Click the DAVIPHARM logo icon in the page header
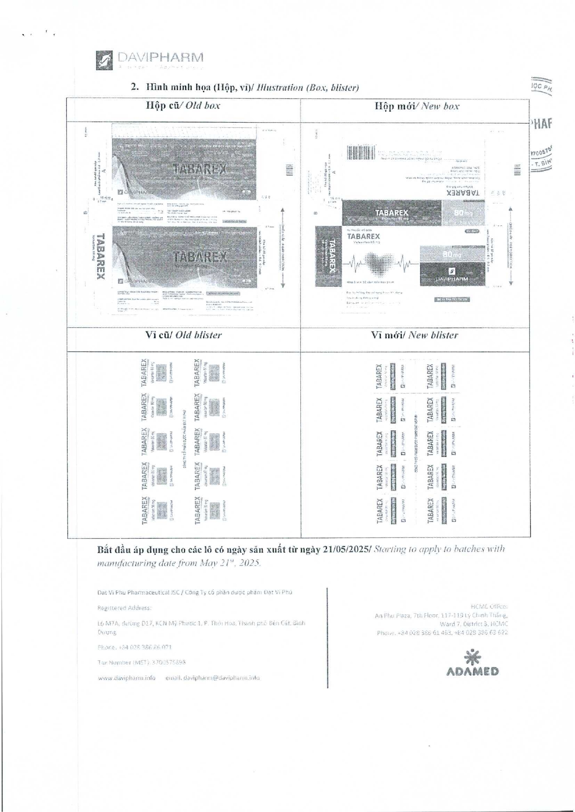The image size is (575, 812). [x=104, y=60]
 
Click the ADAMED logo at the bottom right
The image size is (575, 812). [x=472, y=664]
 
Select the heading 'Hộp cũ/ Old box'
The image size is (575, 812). [x=183, y=105]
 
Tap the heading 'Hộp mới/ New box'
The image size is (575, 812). [x=417, y=106]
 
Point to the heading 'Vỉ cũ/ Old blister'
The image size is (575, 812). [x=183, y=335]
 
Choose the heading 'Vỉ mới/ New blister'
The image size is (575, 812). [x=414, y=335]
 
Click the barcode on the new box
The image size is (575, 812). [x=361, y=153]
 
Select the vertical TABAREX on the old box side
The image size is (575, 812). [x=100, y=256]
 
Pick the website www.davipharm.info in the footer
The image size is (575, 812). [x=126, y=678]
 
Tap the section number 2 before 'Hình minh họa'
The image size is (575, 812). [x=134, y=87]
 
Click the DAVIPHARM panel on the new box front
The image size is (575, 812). [x=452, y=274]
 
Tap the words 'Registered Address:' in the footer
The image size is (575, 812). [x=124, y=607]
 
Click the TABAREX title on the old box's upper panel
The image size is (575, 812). [x=200, y=169]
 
